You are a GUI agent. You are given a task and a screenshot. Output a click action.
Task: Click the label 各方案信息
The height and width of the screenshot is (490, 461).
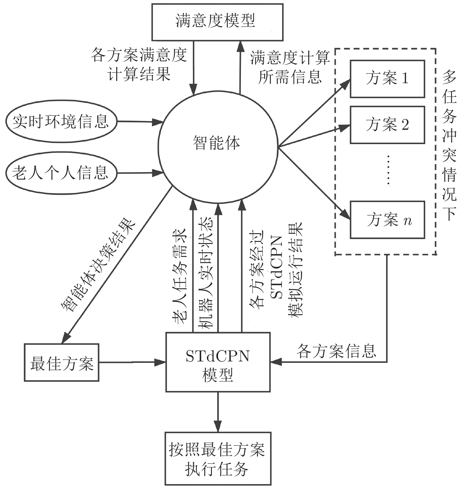pos(336,351)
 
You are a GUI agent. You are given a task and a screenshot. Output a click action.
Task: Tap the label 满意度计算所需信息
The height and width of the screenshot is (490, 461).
pos(290,67)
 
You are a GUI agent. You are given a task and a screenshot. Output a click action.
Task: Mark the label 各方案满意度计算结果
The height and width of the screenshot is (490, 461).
pos(139,64)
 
